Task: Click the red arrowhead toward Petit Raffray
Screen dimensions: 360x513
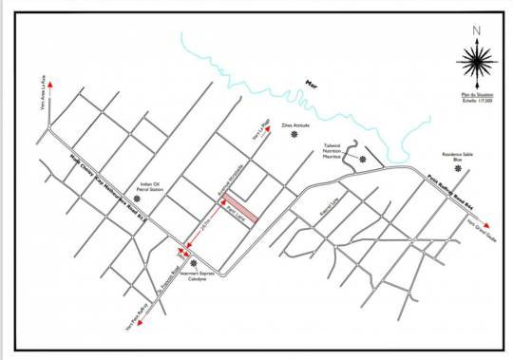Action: [x=140, y=323]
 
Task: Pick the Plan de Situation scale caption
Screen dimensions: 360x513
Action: [x=472, y=98]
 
